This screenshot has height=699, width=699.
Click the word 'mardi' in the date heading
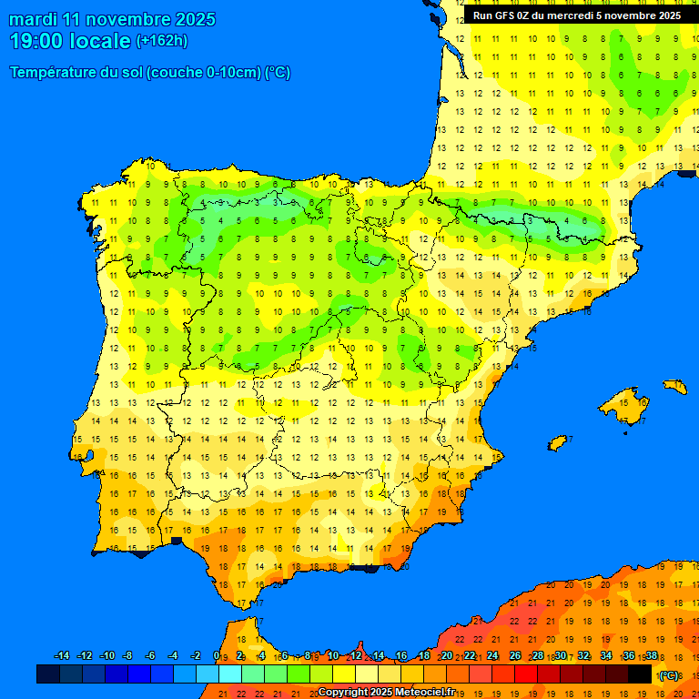[x=31, y=19]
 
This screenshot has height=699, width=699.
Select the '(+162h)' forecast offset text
[x=162, y=41]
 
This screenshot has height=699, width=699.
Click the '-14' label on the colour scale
[x=62, y=656]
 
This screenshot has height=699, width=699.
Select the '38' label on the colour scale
[x=652, y=656]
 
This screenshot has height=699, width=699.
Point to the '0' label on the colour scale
[x=216, y=656]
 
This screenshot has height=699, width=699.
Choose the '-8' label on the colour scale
[x=128, y=656]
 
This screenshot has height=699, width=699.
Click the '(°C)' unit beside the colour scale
[x=669, y=675]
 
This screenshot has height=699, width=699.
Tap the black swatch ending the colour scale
[x=640, y=674]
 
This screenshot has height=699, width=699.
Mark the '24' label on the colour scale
[x=492, y=656]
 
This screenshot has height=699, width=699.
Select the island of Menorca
[x=674, y=386]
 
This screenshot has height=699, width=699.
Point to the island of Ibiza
[x=558, y=443]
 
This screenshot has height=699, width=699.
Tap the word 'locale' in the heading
[x=100, y=41]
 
